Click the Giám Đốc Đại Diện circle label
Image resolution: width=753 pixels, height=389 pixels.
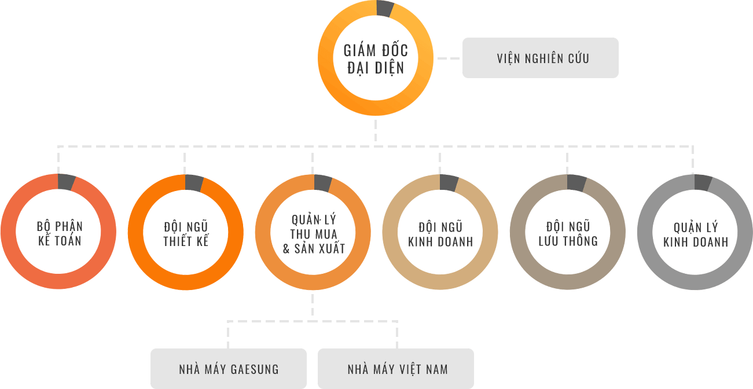(x=376, y=58)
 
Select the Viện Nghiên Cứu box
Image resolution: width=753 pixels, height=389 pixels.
(x=540, y=58)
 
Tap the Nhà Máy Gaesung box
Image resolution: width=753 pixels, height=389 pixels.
(x=229, y=369)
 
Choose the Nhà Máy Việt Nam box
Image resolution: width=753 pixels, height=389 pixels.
(x=396, y=369)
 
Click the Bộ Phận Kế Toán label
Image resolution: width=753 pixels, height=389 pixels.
(x=60, y=233)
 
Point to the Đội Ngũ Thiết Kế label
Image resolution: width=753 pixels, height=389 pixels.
(x=186, y=233)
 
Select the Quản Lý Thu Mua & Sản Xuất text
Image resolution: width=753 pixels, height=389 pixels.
(x=314, y=234)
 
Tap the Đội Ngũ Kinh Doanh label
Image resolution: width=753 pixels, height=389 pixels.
(x=440, y=234)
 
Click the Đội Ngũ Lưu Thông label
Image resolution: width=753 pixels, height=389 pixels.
(x=568, y=233)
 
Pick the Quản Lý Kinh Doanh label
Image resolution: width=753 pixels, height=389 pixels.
(x=696, y=234)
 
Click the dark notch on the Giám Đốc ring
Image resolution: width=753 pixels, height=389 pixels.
(x=385, y=9)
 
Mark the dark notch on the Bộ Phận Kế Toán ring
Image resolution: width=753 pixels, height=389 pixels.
(x=66, y=182)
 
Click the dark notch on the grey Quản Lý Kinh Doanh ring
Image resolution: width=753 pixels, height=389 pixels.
(x=703, y=183)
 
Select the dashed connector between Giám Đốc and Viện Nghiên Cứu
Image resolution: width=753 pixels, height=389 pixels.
(x=449, y=58)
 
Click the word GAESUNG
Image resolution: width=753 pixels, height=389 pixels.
(x=255, y=369)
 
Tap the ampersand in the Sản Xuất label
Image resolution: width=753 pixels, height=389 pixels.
(x=286, y=249)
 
